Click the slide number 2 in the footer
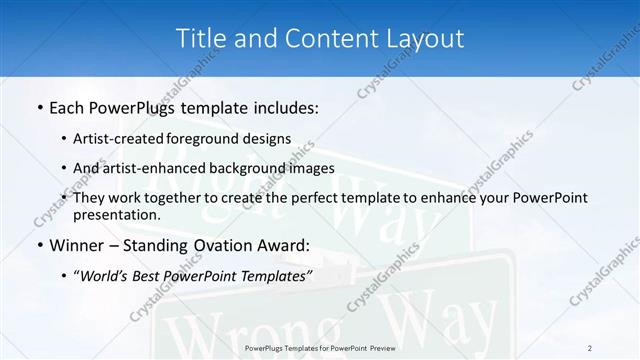(590, 347)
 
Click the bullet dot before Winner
(39, 245)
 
